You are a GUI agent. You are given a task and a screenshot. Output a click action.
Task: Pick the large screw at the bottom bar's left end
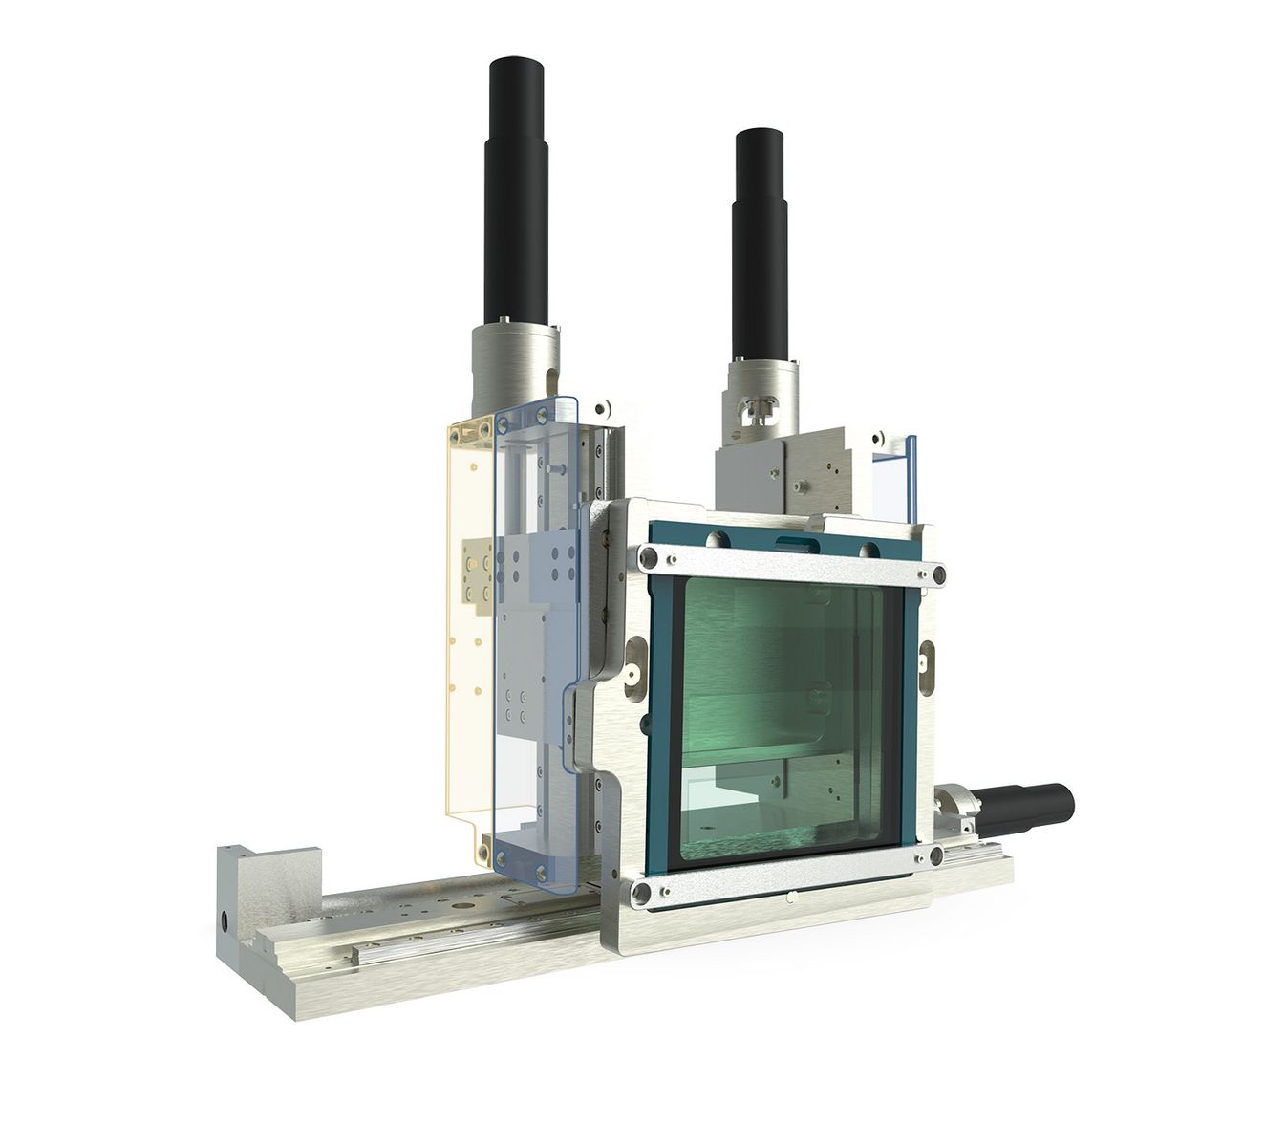pyautogui.click(x=643, y=890)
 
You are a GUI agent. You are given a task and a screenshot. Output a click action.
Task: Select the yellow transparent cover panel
pyautogui.click(x=468, y=621)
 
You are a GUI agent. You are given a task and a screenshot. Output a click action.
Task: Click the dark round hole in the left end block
pyautogui.click(x=224, y=923)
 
